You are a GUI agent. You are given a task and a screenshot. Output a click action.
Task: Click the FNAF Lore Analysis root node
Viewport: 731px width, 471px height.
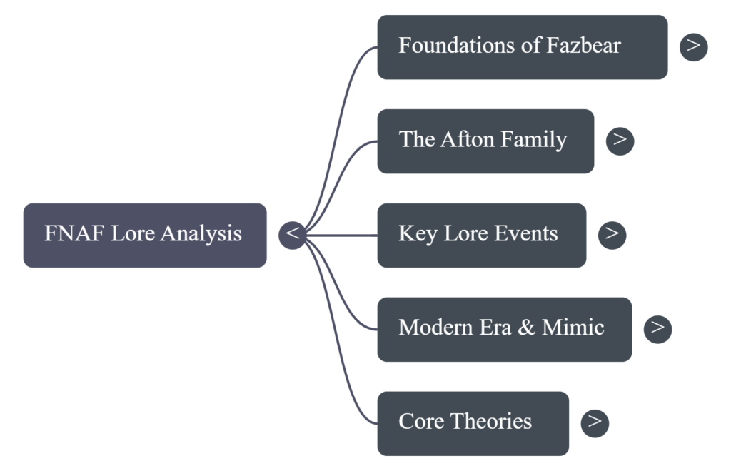click(x=145, y=235)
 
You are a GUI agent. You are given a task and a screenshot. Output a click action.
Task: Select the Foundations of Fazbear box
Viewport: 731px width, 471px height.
click(x=522, y=46)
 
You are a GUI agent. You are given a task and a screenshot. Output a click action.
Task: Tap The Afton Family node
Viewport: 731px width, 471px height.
click(x=485, y=141)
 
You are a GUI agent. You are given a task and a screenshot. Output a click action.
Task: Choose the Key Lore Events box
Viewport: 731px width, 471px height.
click(x=481, y=235)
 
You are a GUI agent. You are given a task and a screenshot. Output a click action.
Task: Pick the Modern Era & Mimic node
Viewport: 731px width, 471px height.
click(x=504, y=329)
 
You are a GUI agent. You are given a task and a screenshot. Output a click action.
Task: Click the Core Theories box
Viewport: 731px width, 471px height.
click(x=473, y=422)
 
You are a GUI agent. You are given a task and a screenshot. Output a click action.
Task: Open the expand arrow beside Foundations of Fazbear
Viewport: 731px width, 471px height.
click(x=693, y=46)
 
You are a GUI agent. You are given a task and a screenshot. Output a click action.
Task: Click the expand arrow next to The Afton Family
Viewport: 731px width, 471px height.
click(x=620, y=141)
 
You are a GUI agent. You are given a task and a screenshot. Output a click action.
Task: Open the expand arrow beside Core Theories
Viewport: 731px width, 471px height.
click(x=595, y=422)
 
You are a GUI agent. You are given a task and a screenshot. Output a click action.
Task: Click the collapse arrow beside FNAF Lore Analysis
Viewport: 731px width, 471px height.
click(x=292, y=235)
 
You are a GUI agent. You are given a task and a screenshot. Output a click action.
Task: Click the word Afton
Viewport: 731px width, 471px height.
click(x=469, y=140)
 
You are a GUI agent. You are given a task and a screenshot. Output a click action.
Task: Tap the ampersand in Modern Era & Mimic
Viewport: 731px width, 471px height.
click(x=528, y=328)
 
